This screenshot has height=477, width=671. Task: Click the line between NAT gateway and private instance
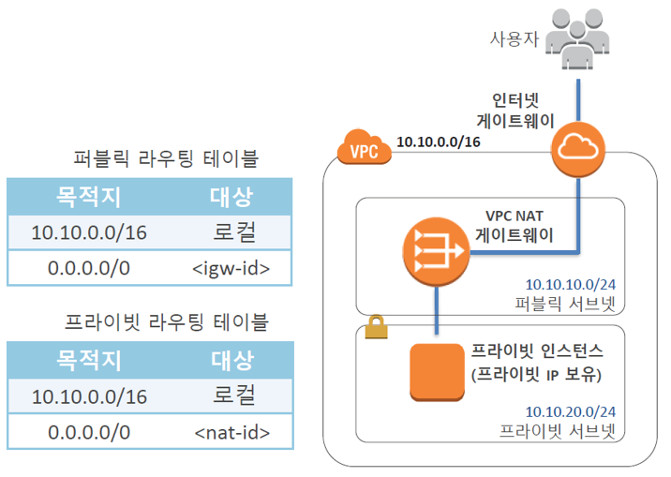tap(438, 310)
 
